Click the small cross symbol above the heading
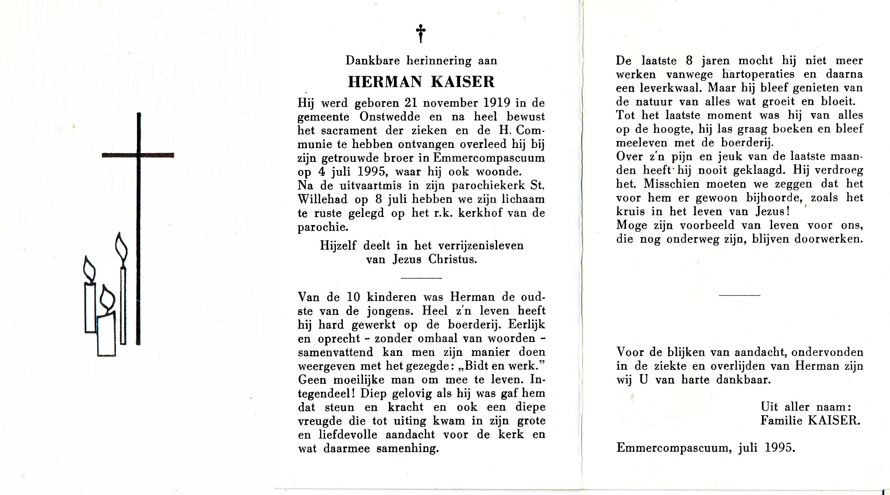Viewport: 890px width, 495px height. tap(421, 33)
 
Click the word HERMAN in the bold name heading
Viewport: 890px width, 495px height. tap(385, 82)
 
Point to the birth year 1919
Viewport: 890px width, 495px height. tap(496, 103)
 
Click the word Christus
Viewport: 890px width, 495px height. tap(452, 259)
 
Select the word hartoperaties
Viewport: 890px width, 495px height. tap(758, 74)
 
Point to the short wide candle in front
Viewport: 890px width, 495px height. tap(106, 335)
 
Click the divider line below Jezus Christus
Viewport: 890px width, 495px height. tap(421, 278)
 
